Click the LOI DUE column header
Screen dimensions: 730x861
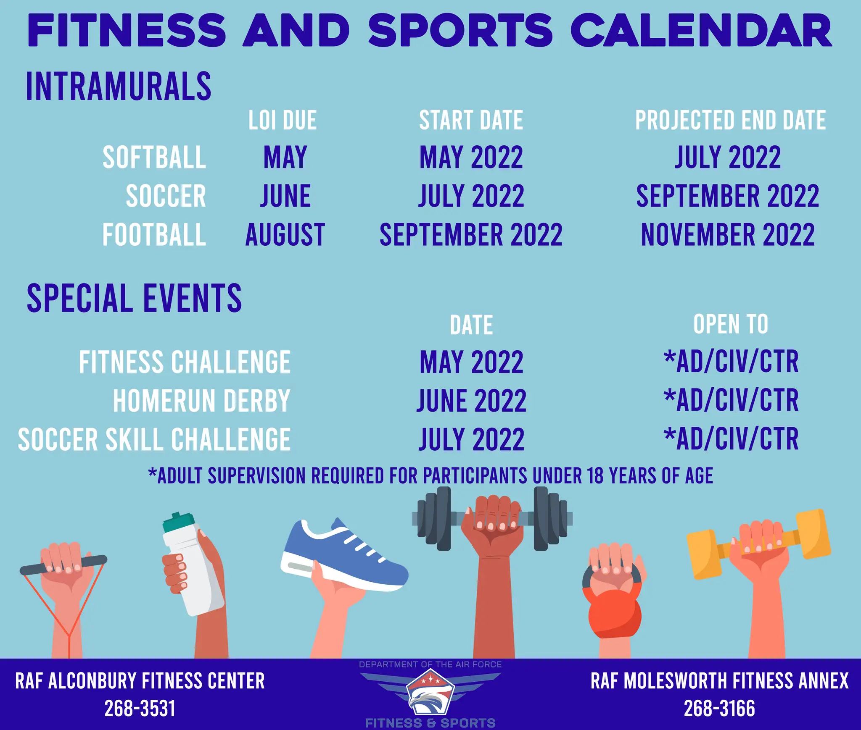point(282,121)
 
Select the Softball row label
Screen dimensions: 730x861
point(154,158)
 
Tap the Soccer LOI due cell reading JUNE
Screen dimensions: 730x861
point(285,196)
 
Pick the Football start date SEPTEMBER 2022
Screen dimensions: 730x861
point(471,235)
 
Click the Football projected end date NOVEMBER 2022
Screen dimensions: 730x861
point(728,235)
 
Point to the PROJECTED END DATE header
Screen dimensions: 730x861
point(730,121)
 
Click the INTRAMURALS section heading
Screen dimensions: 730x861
point(119,87)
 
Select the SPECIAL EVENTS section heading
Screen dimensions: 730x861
point(134,298)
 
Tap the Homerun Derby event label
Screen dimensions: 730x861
point(201,401)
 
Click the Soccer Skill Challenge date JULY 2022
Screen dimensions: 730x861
point(471,439)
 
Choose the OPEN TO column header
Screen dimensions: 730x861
point(731,324)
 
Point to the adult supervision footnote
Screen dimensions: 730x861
point(430,476)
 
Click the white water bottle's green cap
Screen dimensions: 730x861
point(178,521)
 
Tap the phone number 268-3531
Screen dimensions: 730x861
point(140,709)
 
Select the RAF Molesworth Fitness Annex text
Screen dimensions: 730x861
point(719,681)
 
